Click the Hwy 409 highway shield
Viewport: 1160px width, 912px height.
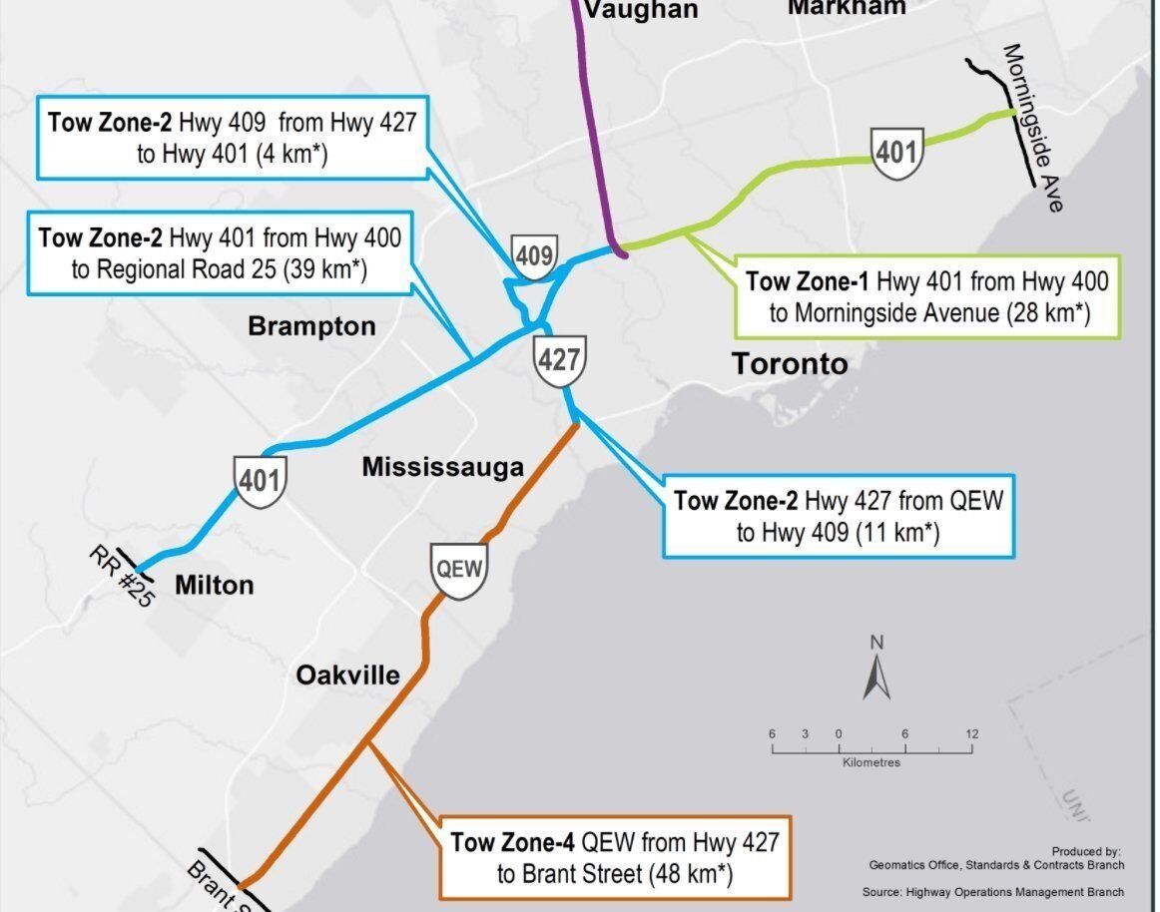(534, 256)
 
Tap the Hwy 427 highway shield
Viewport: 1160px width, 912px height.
(558, 359)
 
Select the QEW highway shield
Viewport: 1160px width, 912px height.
(459, 570)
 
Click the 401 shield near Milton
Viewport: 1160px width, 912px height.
(261, 481)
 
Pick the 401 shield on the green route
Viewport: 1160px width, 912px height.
(895, 152)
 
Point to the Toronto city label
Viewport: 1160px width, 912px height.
(790, 363)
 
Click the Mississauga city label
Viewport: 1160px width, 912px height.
(442, 467)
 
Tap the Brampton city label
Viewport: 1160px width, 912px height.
(311, 326)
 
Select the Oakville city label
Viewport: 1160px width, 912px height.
(347, 676)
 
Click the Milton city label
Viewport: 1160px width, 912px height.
(214, 585)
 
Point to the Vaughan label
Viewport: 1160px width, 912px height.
(640, 10)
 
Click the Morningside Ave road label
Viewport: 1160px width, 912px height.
(1032, 127)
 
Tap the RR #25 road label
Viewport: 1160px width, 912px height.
(119, 576)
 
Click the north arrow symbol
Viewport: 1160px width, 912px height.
(875, 671)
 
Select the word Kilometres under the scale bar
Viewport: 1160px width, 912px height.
(871, 763)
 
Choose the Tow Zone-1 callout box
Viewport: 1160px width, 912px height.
(926, 297)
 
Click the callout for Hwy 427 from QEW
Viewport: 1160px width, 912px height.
(839, 516)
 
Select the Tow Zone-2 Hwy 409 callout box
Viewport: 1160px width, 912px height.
(232, 138)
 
